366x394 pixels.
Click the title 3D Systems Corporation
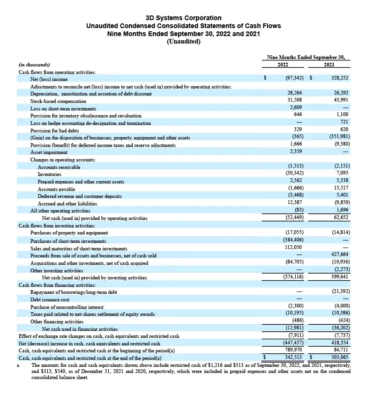pos(183,18)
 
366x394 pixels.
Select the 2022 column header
pos(283,65)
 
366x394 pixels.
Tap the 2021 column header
pos(329,65)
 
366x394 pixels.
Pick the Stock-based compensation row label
pos(58,101)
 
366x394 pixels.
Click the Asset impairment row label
pos(49,152)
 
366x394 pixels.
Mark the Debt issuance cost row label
pos(50,299)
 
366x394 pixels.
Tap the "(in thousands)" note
pos(34,65)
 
